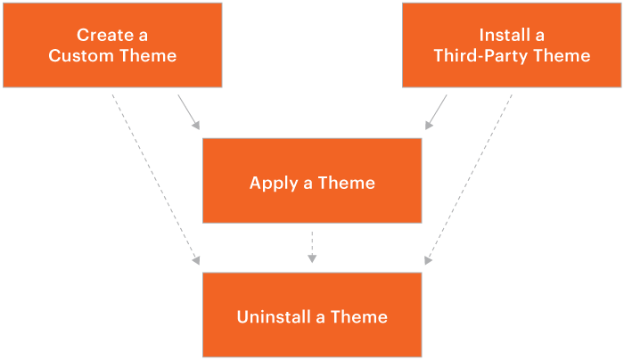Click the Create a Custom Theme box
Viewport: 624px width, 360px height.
pos(112,45)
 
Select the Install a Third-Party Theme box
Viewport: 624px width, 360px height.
pos(512,45)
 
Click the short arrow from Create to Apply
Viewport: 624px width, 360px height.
pos(189,111)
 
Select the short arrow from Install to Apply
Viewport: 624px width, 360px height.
pos(436,111)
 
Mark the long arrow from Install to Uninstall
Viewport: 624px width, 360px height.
pos(470,178)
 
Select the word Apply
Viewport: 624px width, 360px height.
pos(271,184)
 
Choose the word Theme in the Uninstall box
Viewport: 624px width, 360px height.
pos(359,317)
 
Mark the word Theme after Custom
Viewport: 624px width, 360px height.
pos(148,56)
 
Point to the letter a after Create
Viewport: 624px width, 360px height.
pos(143,36)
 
